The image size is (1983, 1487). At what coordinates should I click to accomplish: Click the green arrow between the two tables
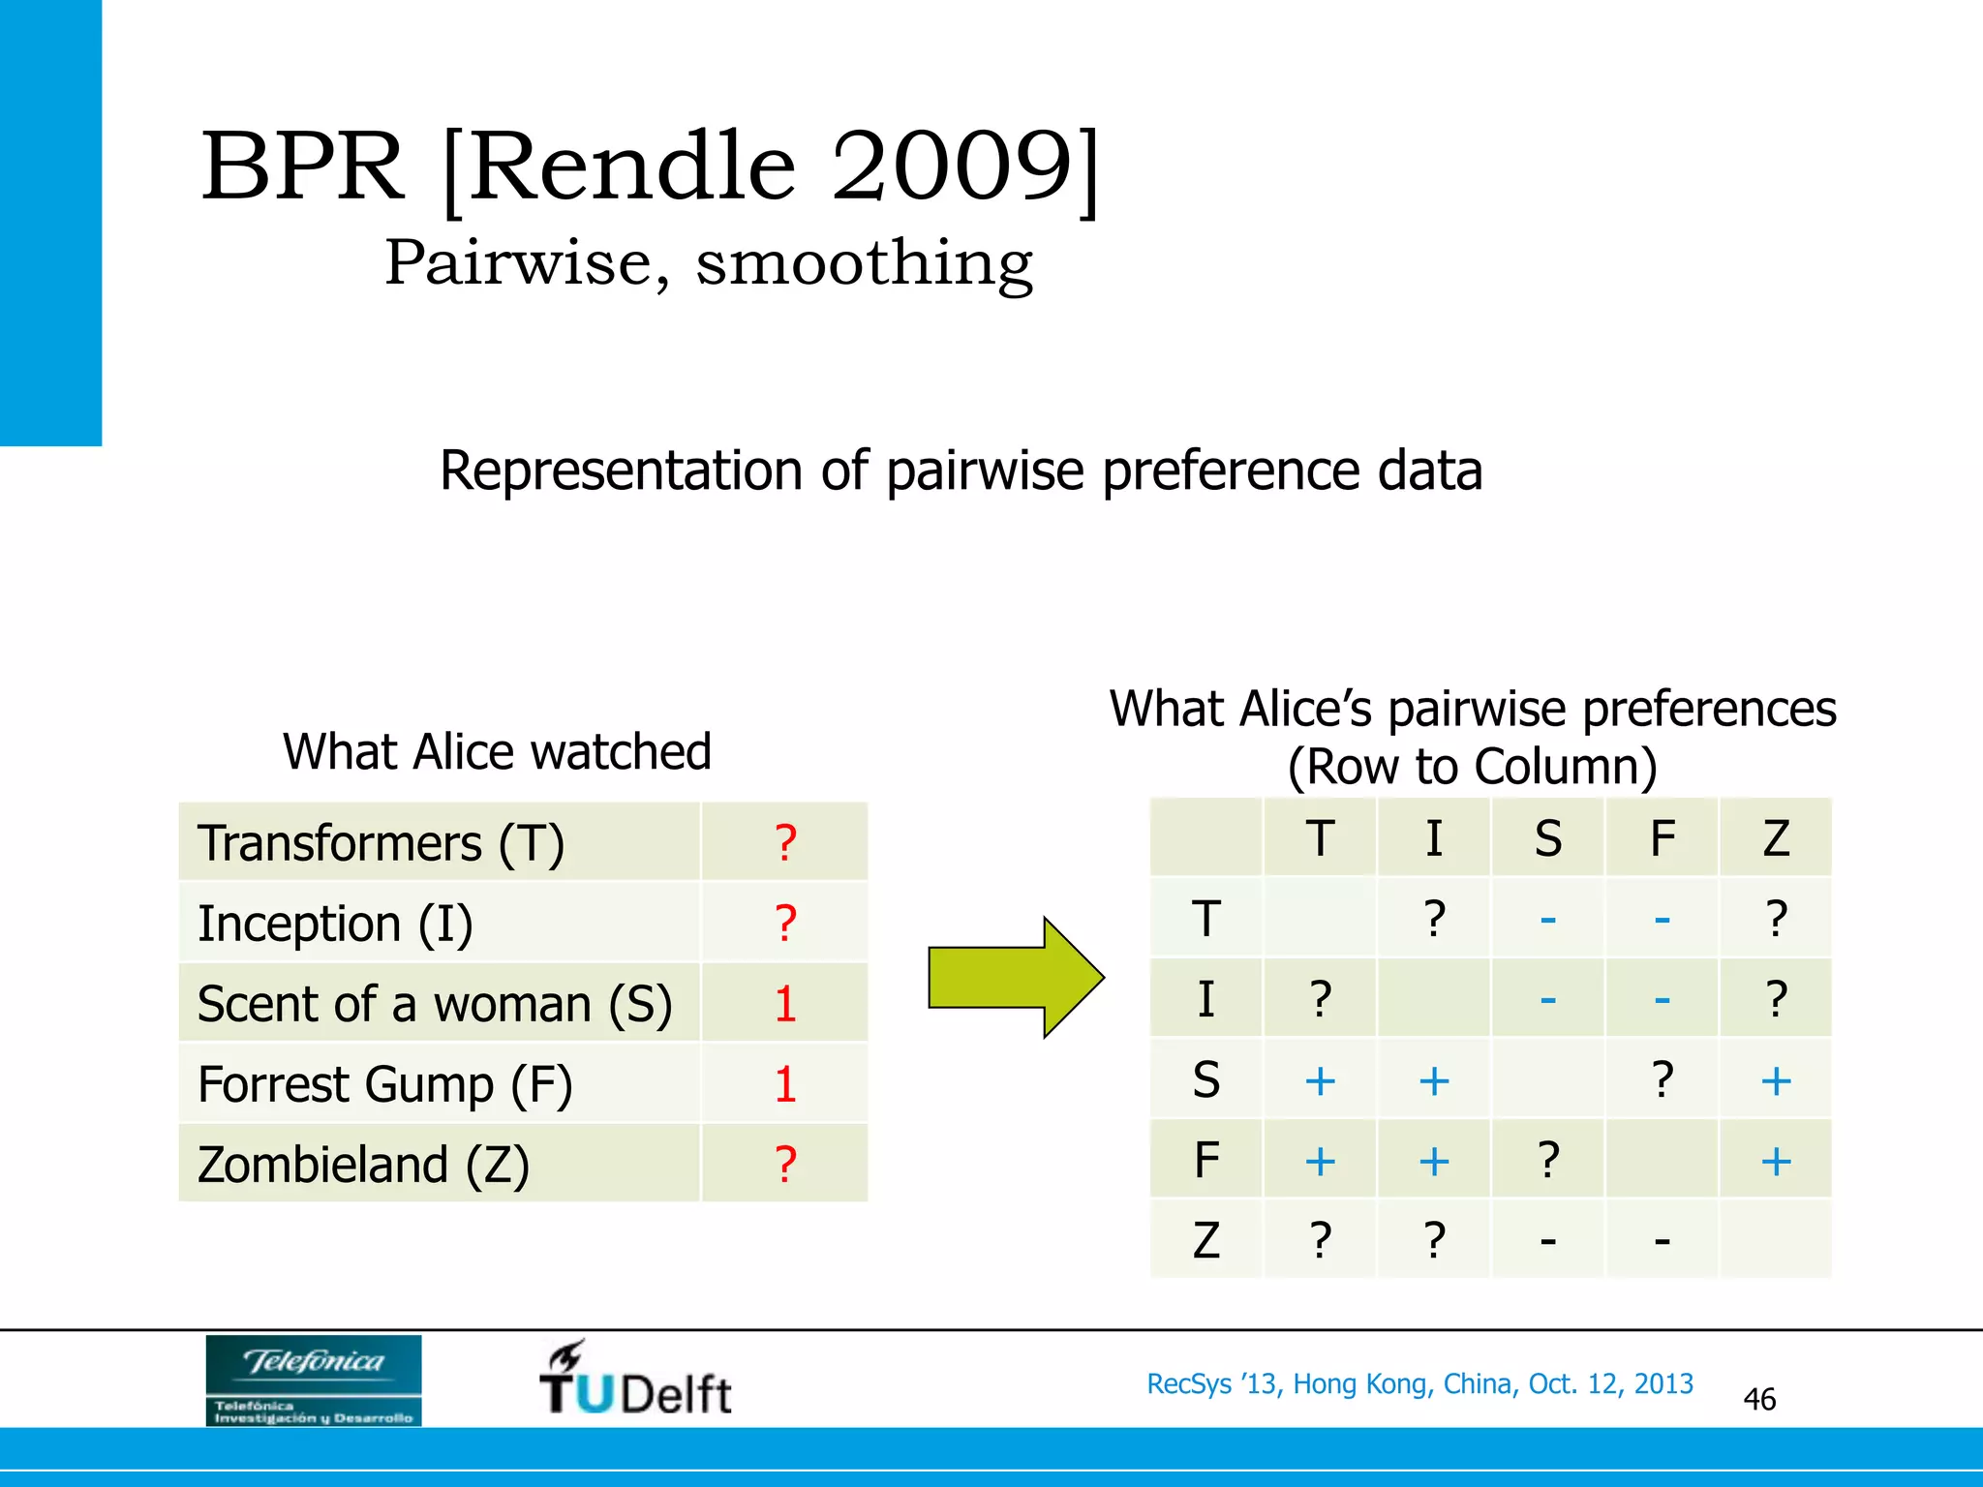1012,978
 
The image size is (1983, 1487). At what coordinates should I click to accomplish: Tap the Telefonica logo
313,1380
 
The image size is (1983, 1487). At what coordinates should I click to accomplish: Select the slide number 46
1758,1399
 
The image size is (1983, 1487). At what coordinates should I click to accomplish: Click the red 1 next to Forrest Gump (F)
785,1084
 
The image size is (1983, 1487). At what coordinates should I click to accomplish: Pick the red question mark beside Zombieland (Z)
785,1165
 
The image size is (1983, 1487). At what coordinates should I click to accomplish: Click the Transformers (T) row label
381,843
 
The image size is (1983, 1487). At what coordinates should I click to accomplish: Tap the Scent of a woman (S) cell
435,1004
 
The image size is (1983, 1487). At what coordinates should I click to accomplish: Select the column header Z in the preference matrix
1775,838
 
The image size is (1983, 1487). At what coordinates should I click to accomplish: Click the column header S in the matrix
1547,838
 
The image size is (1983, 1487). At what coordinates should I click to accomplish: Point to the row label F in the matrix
1205,1160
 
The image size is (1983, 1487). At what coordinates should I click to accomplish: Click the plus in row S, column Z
1775,1080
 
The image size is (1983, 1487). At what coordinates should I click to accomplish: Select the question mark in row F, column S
1547,1160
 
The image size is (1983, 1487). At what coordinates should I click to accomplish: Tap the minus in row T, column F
1662,919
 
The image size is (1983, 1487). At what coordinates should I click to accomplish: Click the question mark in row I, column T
1320,999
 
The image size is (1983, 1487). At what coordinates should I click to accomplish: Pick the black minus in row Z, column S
1547,1240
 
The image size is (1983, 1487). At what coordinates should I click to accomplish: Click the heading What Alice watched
497,751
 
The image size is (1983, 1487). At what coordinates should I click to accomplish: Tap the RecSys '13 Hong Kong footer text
1419,1383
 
